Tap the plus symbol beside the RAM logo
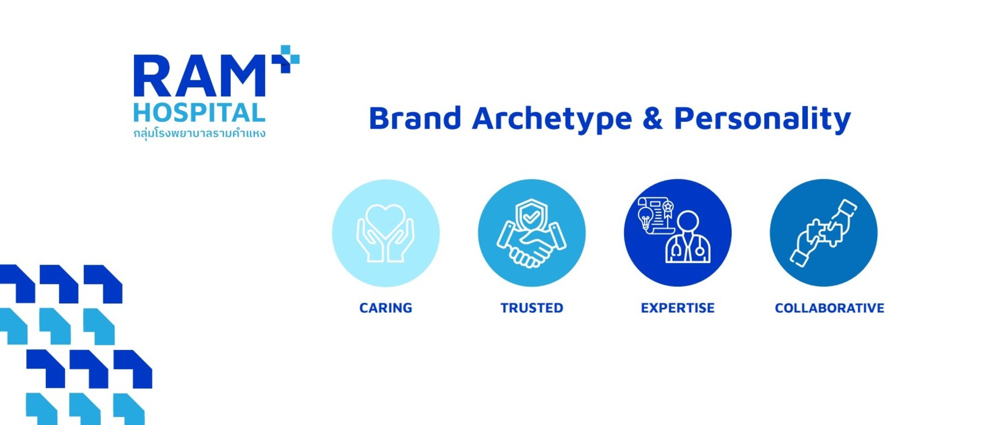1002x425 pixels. [286, 59]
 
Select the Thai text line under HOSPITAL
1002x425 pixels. [199, 133]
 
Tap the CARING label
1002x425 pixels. [386, 308]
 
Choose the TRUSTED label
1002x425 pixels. [532, 308]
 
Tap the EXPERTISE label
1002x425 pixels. [678, 308]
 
